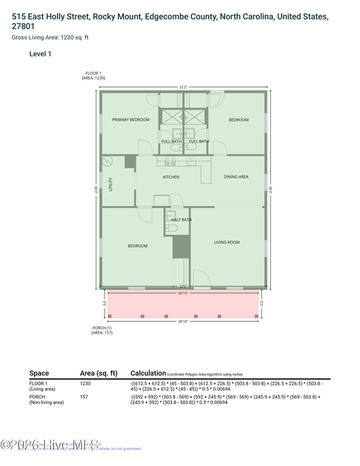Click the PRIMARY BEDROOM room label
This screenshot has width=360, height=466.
(x=130, y=120)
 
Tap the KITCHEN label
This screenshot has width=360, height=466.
(x=171, y=176)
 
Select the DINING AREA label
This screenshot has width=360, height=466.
(x=235, y=176)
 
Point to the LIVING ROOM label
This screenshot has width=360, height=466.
(x=226, y=242)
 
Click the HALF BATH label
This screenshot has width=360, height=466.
(x=181, y=220)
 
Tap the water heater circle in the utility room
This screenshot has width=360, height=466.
(x=108, y=160)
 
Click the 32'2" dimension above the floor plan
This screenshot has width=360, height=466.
(x=183, y=87)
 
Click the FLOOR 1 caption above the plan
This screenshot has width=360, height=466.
(x=94, y=73)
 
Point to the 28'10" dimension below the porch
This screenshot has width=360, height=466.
(x=183, y=321)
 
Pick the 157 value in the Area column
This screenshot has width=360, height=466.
(x=84, y=397)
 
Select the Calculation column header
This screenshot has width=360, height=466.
(x=148, y=373)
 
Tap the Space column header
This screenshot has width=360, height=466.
(x=39, y=373)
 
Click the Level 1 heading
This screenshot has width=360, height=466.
(x=40, y=54)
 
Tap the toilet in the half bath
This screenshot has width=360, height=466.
(x=168, y=228)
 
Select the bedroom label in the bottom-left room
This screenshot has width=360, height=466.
(x=138, y=246)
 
